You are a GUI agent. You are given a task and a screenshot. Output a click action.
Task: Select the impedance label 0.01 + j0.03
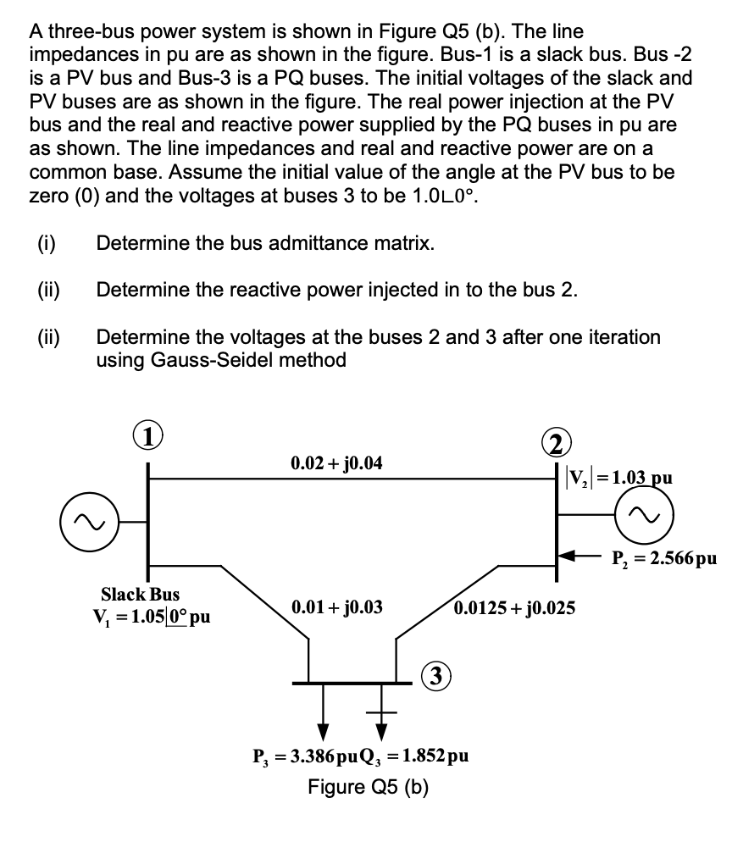click(x=336, y=607)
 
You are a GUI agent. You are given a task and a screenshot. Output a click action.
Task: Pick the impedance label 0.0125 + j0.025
click(x=514, y=607)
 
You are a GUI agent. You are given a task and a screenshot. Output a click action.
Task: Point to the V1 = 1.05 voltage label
click(x=152, y=616)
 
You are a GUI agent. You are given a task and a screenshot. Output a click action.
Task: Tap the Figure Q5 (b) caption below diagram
click(x=367, y=787)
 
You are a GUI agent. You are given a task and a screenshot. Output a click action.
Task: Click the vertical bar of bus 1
click(x=149, y=525)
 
